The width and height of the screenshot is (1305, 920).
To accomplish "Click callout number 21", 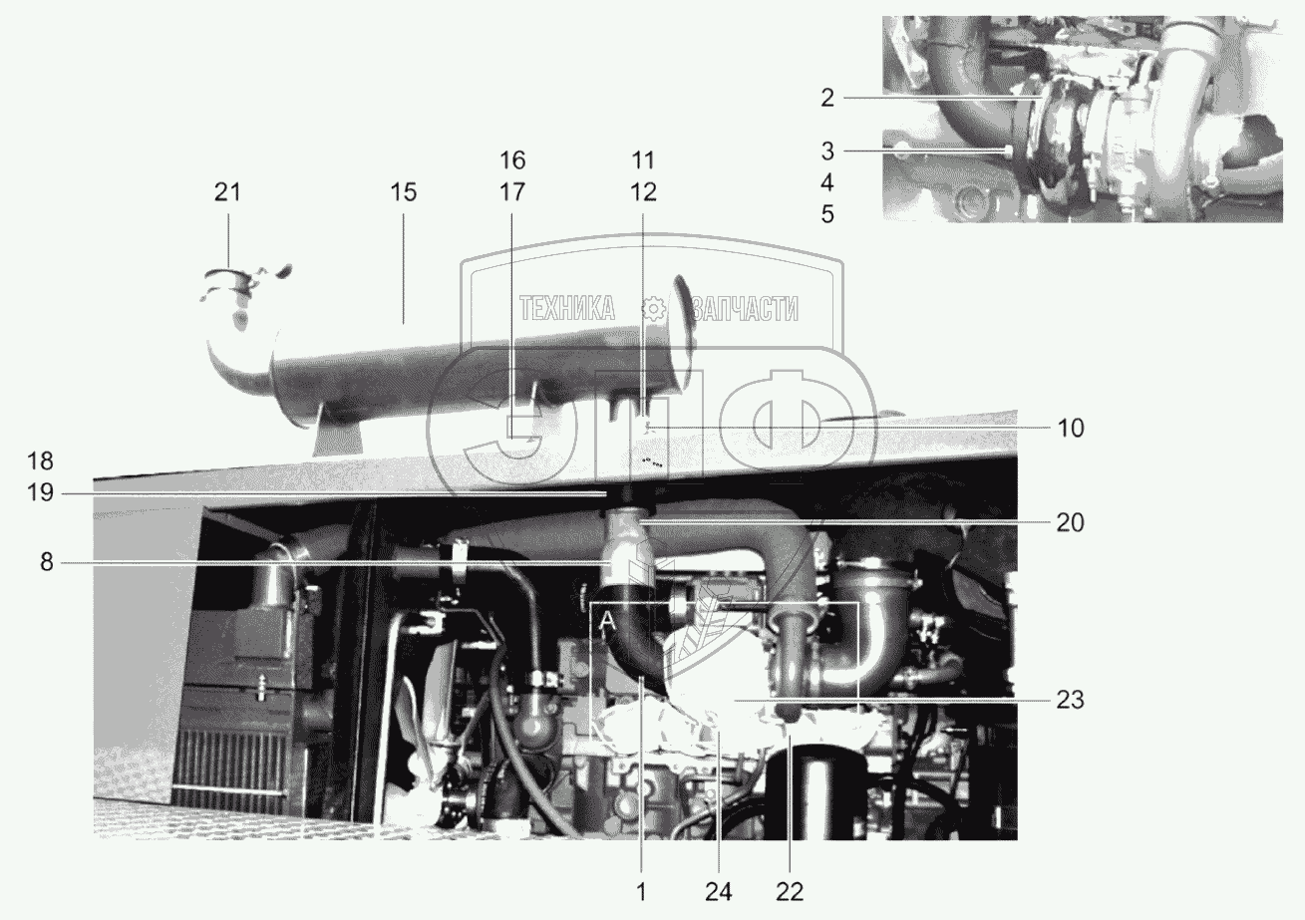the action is tap(227, 192).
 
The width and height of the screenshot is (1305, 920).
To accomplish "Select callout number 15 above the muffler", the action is tap(404, 192).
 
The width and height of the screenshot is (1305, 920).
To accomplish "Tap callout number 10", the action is tap(1071, 429).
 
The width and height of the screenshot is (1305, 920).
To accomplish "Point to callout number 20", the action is tap(1071, 522).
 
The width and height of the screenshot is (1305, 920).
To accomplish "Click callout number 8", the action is tap(47, 563).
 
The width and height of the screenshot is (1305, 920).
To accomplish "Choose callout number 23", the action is tap(1071, 700).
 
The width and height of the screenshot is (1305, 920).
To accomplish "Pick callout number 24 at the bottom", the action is tap(719, 892).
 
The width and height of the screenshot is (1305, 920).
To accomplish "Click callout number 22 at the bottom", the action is tap(790, 892).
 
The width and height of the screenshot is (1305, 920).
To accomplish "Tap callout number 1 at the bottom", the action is tap(641, 892).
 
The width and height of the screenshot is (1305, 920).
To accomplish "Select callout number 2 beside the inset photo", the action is tap(827, 98).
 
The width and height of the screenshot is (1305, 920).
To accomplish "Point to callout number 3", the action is tap(827, 151).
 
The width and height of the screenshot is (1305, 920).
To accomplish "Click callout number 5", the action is tap(827, 214).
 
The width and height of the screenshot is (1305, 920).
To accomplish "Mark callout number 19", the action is tap(41, 493).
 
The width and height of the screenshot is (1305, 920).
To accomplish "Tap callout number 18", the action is tap(41, 461).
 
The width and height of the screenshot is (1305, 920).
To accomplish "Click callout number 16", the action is tap(512, 160).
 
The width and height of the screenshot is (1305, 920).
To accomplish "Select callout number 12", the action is tap(643, 192).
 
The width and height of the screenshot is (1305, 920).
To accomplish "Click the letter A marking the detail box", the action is tap(608, 623).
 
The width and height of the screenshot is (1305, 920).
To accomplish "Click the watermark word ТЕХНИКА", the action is tap(567, 308).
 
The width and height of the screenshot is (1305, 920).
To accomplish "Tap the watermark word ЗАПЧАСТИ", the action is tap(745, 308).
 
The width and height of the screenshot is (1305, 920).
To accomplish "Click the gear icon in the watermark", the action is tap(654, 309).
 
